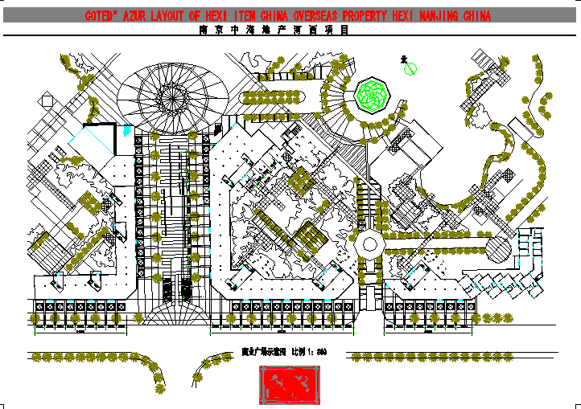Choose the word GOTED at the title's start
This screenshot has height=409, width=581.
coord(101,16)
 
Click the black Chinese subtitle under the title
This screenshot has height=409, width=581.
coord(274,31)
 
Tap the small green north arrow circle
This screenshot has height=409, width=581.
coord(408,70)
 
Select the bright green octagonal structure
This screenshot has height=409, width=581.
coord(373,95)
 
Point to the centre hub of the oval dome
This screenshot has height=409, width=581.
coord(170,96)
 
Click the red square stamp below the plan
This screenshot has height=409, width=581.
coord(289,385)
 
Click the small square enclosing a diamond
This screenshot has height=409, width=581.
coord(47,99)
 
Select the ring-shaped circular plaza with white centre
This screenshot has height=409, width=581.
coord(370,244)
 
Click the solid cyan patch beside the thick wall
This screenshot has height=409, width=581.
coord(83,140)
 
